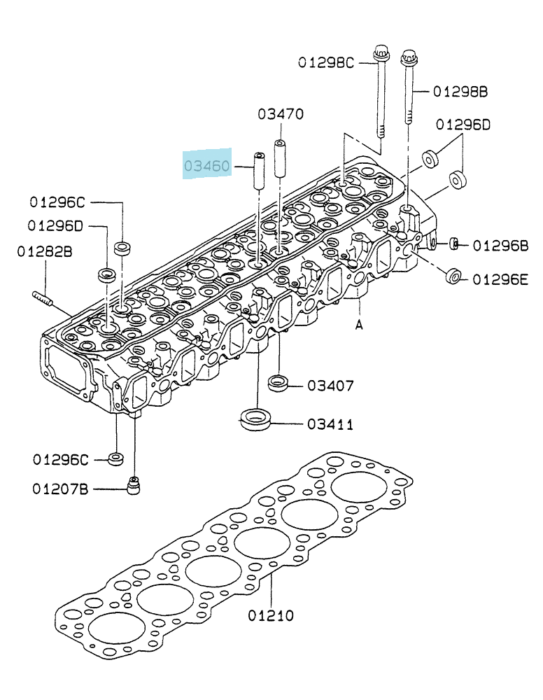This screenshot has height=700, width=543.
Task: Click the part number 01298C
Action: pyautogui.click(x=325, y=62)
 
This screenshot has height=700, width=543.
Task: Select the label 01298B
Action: pyautogui.click(x=460, y=92)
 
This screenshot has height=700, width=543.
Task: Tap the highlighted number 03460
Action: pyautogui.click(x=207, y=166)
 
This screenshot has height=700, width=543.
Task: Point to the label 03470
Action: pyautogui.click(x=281, y=114)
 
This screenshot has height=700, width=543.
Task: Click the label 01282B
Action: pyautogui.click(x=45, y=252)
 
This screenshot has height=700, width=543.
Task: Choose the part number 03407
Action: pyautogui.click(x=330, y=385)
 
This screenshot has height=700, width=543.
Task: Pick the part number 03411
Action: pyautogui.click(x=330, y=424)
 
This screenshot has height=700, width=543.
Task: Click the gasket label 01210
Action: pyautogui.click(x=271, y=615)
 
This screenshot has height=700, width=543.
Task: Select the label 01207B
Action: pyautogui.click(x=60, y=489)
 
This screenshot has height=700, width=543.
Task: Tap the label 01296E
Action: pyautogui.click(x=500, y=280)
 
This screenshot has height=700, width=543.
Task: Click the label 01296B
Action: pyautogui.click(x=500, y=246)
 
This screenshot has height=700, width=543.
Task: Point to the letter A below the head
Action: pyautogui.click(x=359, y=326)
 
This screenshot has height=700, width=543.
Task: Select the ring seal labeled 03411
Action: pyautogui.click(x=257, y=419)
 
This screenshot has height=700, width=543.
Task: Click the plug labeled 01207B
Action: pyautogui.click(x=133, y=486)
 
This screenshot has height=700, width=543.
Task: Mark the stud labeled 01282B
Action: pyautogui.click(x=43, y=298)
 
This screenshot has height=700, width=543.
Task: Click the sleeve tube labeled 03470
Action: pyautogui.click(x=280, y=159)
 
